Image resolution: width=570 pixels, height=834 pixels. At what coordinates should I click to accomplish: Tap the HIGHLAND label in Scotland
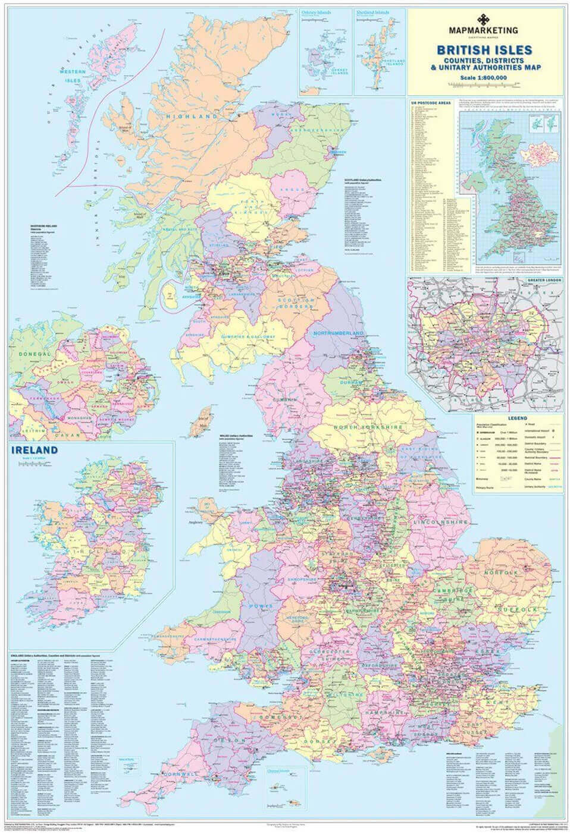[x=192, y=117]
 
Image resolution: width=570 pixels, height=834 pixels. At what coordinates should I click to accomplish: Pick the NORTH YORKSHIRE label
[x=368, y=427]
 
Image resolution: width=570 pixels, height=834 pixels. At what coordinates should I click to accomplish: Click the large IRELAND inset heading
[x=35, y=450]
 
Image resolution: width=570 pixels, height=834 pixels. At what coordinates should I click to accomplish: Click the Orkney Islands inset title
[x=315, y=12]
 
